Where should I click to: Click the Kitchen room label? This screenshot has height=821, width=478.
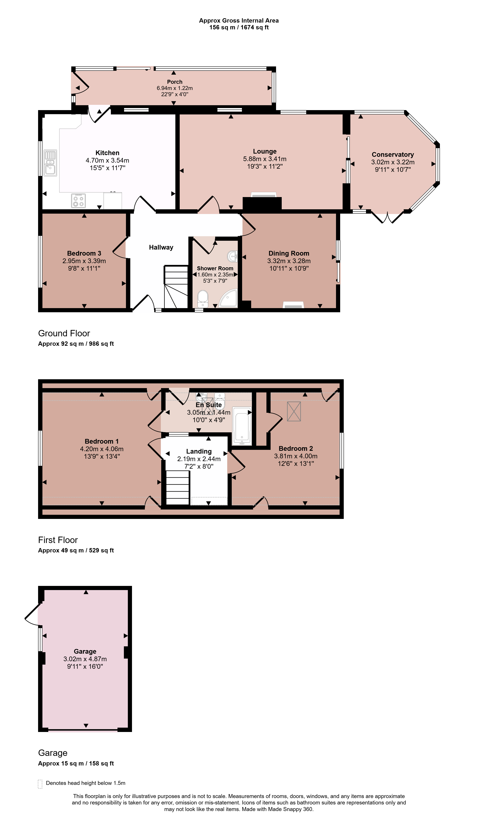pos(107,153)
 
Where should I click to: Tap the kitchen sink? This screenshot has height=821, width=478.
pos(50,163)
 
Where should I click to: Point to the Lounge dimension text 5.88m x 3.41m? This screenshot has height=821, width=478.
pos(265,159)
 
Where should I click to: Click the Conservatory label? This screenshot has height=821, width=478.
pos(393,154)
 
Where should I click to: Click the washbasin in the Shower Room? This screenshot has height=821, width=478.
pos(233,256)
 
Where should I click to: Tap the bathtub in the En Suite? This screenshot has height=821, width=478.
pos(242,426)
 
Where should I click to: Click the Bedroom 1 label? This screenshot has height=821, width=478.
pos(101,441)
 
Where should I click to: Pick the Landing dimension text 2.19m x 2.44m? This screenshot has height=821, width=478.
pos(199,459)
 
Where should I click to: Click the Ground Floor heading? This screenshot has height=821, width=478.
pos(64,333)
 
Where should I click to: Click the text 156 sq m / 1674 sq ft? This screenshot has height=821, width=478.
pos(239,27)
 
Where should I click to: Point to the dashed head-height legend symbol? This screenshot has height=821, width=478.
pos(40,784)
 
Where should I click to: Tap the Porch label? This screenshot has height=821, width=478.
pos(175,82)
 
